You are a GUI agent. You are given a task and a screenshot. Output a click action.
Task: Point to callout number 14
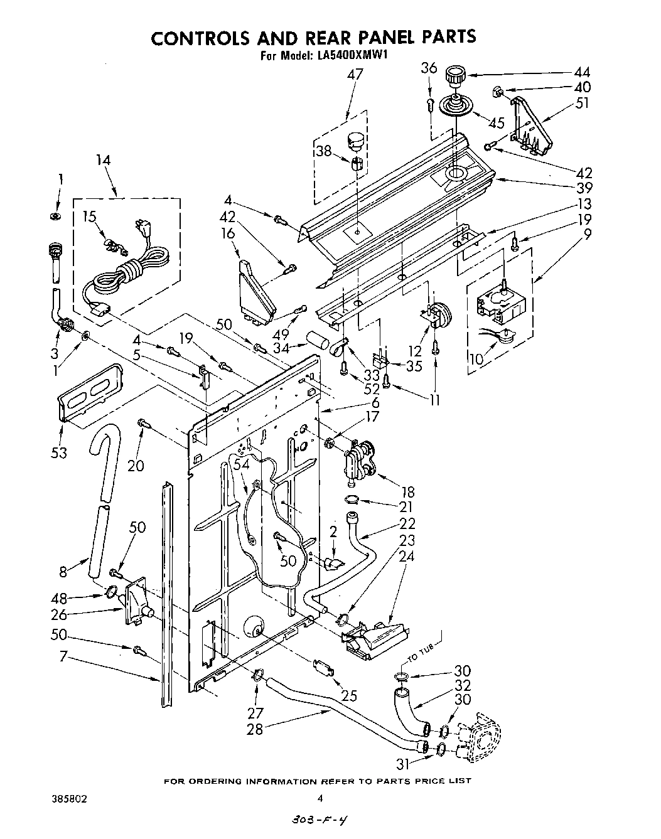[103, 161]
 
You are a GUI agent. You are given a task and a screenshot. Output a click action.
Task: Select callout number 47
[355, 75]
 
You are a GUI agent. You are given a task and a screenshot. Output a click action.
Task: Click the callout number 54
[241, 463]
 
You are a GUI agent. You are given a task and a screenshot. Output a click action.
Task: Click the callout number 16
[227, 235]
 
